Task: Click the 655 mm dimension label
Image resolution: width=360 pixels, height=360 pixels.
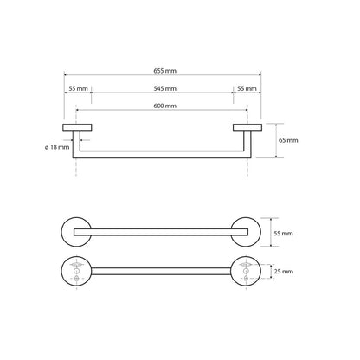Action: pos(164,71)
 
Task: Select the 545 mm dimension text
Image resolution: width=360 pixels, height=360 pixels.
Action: pos(164,88)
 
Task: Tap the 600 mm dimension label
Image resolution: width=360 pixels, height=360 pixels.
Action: pos(164,106)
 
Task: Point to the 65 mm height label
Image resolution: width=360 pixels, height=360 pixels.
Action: pos(288,140)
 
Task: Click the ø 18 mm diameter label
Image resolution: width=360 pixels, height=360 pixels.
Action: pos(57,147)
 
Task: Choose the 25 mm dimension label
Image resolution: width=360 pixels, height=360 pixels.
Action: pos(284,272)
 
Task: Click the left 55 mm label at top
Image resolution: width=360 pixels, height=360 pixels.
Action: pos(78,88)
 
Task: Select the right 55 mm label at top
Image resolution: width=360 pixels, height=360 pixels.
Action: pos(247,88)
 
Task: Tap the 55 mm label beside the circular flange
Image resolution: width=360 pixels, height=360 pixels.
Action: pos(283,233)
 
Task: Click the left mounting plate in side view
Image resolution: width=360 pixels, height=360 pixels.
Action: pos(77,127)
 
